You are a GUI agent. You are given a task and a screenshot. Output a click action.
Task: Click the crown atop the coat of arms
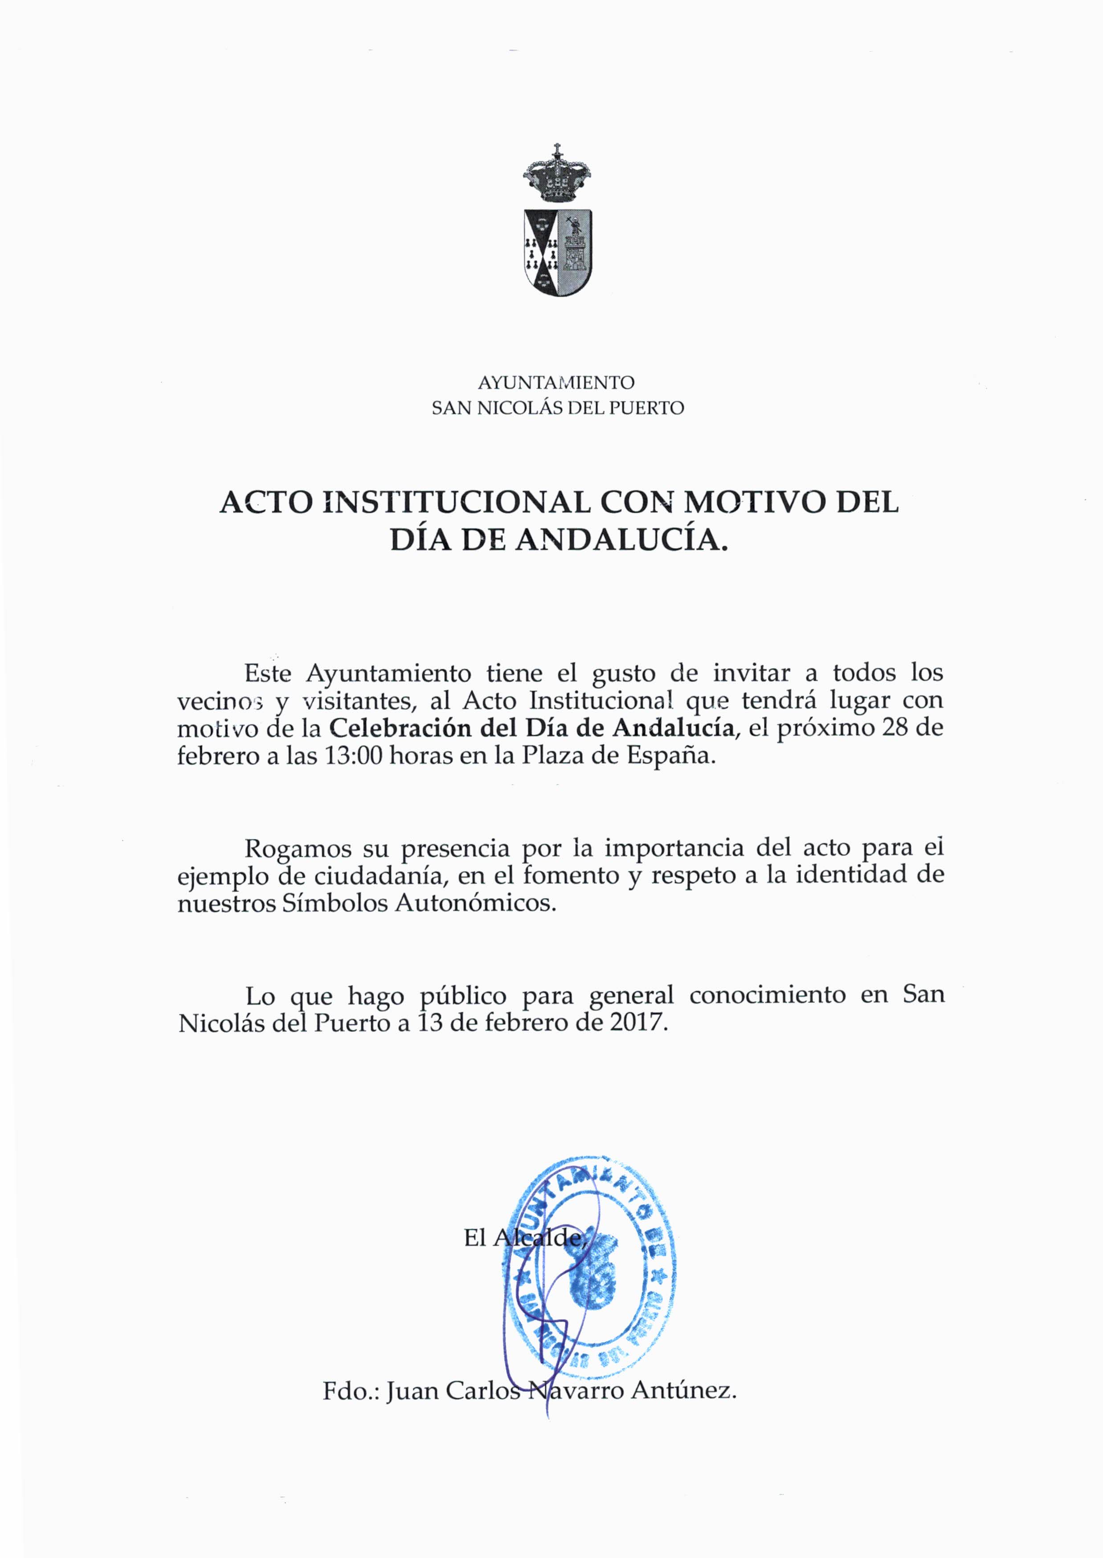click(557, 175)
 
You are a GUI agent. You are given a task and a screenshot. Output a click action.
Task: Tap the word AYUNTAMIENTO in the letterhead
click(556, 382)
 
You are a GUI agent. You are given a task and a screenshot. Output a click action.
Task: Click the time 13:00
click(352, 756)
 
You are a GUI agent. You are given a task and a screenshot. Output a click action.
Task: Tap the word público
click(463, 996)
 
